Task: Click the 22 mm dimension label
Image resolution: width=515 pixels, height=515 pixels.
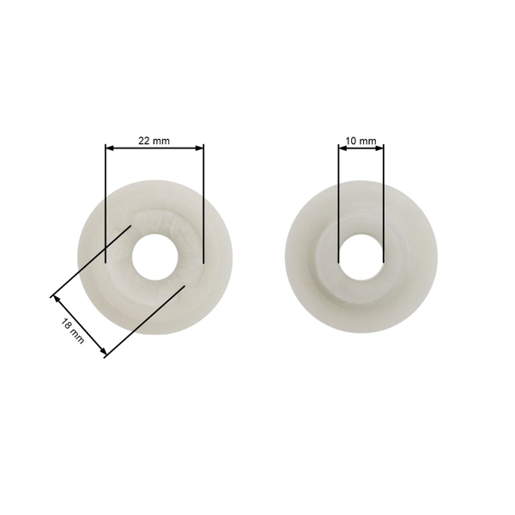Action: click(x=154, y=140)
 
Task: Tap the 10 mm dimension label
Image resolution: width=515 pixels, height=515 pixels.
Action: click(x=360, y=140)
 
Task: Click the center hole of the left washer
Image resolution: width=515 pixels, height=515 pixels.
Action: click(x=155, y=255)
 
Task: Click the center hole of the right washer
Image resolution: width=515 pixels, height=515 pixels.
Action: click(x=361, y=255)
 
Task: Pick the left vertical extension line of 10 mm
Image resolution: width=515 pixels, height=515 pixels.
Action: click(x=338, y=206)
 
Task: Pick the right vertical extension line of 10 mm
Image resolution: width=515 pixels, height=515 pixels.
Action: click(x=384, y=206)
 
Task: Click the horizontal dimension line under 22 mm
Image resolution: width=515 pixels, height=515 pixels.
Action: click(x=154, y=148)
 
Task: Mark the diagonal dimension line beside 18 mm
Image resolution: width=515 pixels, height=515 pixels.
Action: click(x=79, y=326)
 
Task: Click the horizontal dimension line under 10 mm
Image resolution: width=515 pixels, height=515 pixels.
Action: click(x=360, y=148)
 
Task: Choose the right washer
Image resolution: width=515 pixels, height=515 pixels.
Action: click(x=412, y=283)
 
